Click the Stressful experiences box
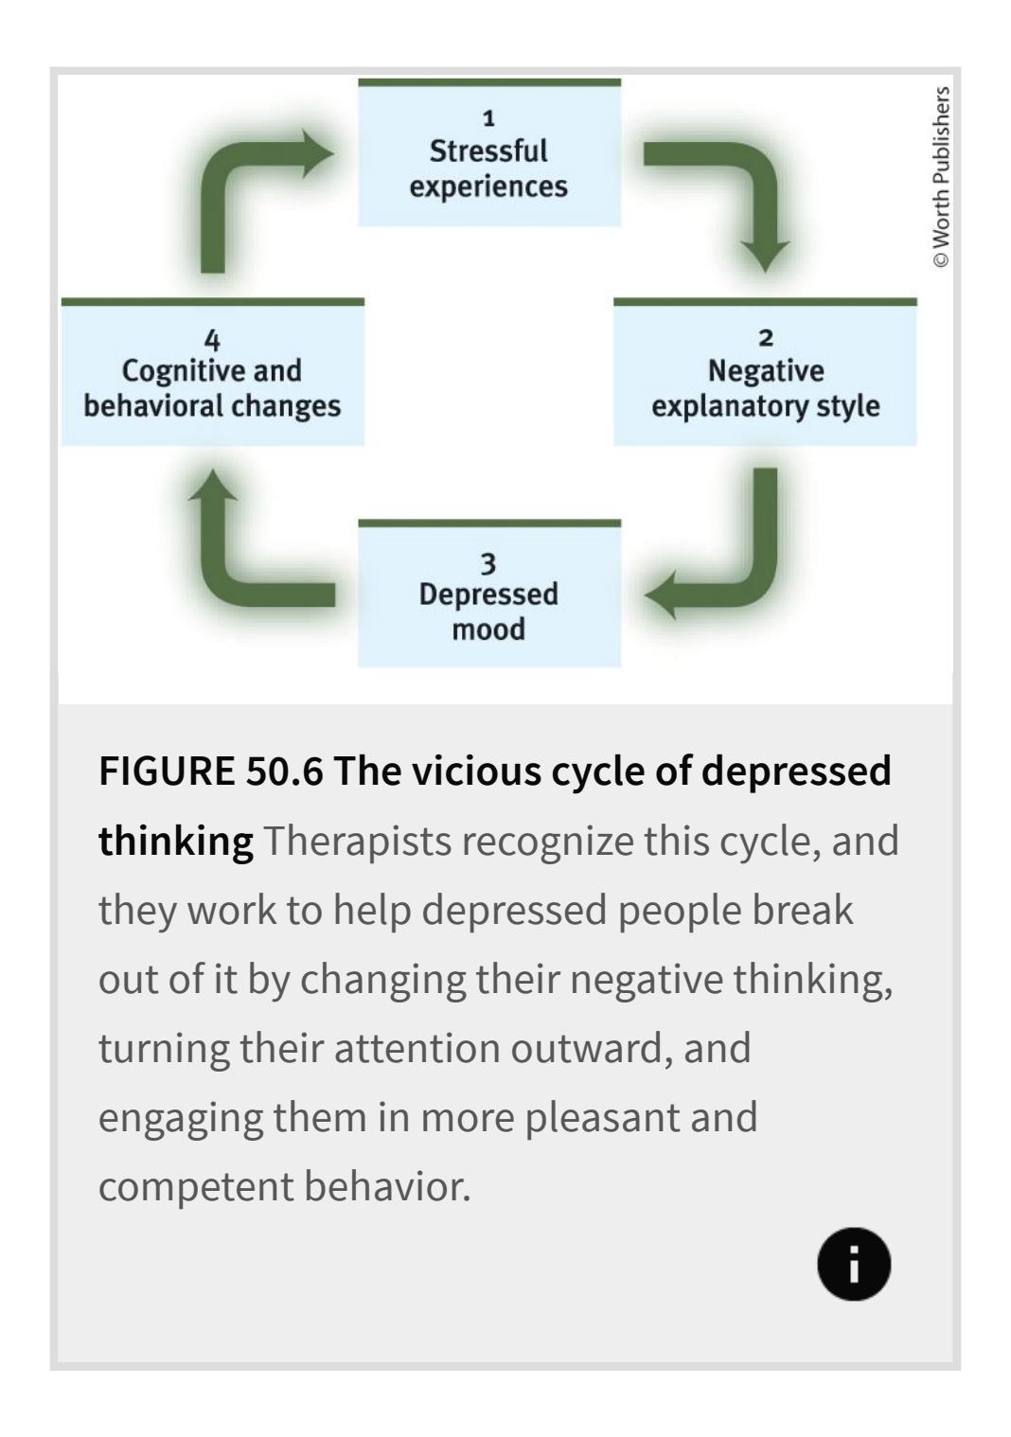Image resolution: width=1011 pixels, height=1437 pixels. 488,154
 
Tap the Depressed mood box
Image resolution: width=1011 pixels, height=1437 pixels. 488,595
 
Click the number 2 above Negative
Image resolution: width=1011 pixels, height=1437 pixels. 766,338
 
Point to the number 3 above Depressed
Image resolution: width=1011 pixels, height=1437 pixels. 488,564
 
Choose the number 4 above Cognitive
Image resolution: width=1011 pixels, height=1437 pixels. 212,339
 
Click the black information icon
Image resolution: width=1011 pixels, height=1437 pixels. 854,1265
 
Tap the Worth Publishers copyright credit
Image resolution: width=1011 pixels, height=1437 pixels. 940,177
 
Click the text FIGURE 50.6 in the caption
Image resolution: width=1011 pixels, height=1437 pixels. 210,772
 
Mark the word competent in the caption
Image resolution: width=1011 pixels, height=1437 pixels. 194,1186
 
